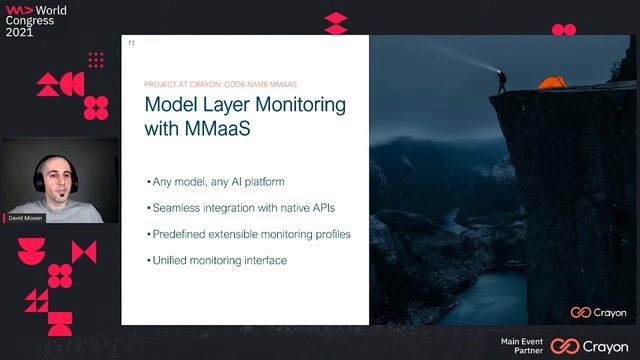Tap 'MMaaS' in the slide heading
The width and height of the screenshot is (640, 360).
(x=212, y=129)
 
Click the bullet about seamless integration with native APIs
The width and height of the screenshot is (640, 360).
(x=242, y=208)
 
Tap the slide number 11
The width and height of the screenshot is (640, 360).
(x=131, y=43)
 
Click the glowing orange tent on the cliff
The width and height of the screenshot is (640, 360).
(x=552, y=83)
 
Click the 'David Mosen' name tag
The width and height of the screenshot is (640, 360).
(x=25, y=217)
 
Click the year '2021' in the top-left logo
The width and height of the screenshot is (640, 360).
(x=19, y=32)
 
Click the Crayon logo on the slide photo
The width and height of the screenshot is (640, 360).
(x=599, y=313)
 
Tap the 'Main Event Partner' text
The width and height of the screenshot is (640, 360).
(x=523, y=346)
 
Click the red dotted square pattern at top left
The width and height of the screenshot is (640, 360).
(x=96, y=61)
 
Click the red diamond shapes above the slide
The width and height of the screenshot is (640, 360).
(x=336, y=23)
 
